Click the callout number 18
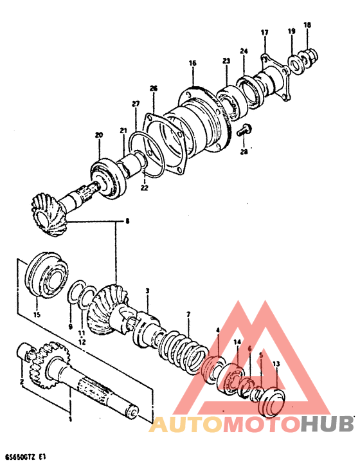coord(307,24)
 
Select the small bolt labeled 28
coord(242,131)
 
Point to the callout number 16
coord(192,63)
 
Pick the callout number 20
coord(98,135)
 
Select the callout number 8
coord(127,221)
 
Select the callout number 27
coord(136,104)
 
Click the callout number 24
coord(244,51)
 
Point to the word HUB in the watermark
coord(328,424)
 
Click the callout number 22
coord(144,188)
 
